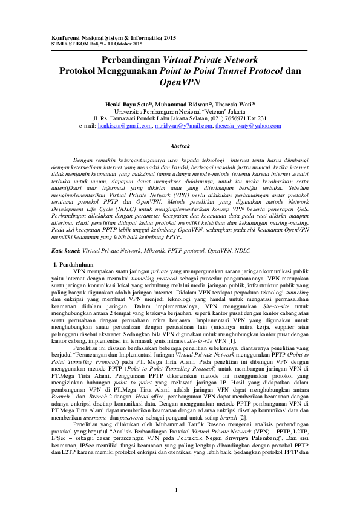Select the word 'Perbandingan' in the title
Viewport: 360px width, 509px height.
[131, 60]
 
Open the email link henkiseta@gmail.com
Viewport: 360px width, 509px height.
[125, 126]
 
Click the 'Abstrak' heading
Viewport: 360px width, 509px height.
[180, 146]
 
